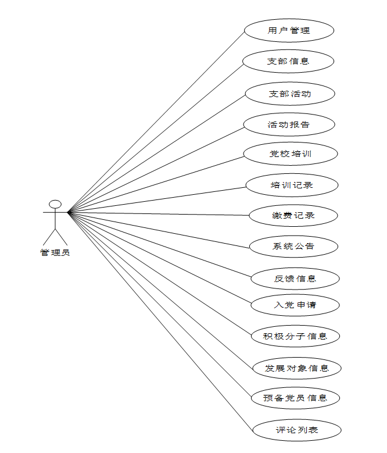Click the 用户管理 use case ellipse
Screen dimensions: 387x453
click(289, 31)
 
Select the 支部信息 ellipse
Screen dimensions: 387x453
click(288, 61)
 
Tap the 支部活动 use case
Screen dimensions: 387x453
click(289, 94)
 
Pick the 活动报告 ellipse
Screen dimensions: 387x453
click(289, 124)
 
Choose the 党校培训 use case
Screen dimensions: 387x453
click(290, 154)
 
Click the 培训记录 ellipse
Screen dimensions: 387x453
click(292, 186)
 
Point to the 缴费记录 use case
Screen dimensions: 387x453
click(293, 216)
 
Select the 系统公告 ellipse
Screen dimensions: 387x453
click(293, 247)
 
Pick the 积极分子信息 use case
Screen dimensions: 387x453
click(295, 336)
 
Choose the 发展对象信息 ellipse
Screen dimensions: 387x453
click(296, 368)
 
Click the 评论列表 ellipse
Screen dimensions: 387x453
click(296, 430)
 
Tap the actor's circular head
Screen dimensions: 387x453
click(55, 204)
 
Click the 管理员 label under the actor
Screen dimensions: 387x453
click(55, 253)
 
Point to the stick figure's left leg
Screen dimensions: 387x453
click(49, 236)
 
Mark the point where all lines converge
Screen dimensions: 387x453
click(69, 213)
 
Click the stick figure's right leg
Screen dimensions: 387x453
click(62, 236)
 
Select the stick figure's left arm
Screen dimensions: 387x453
click(48, 213)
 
